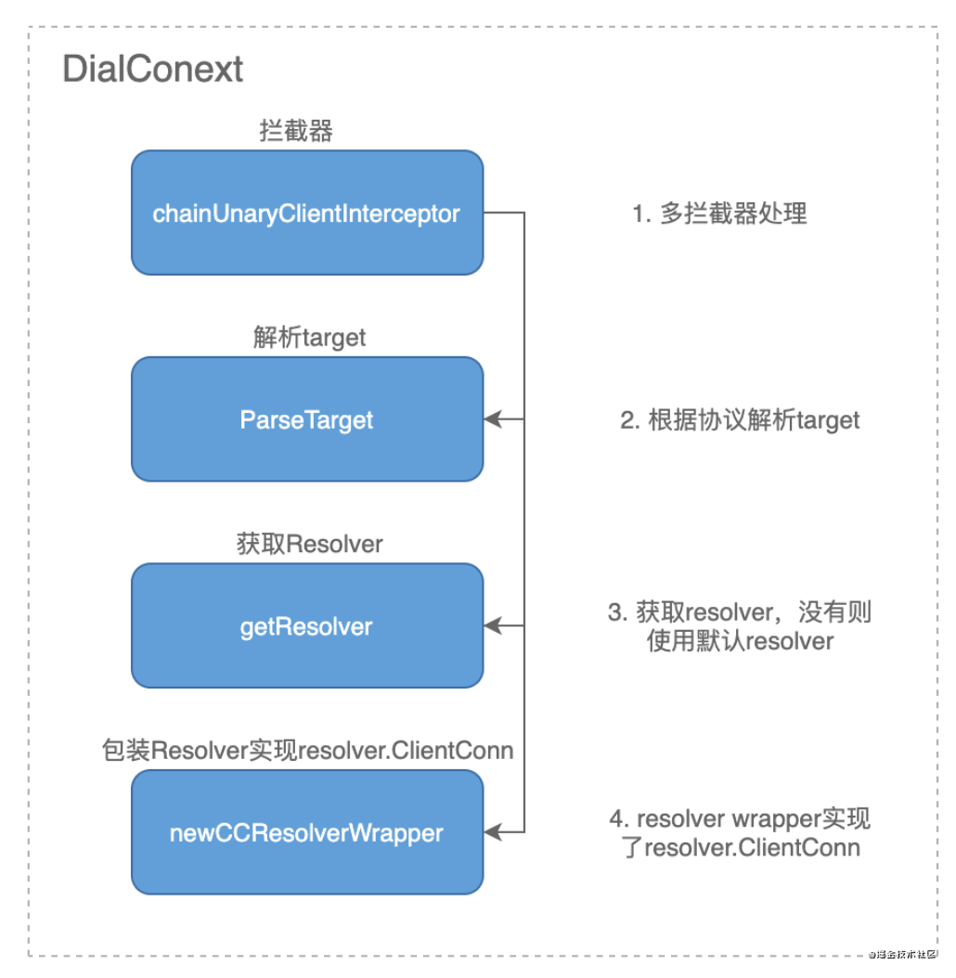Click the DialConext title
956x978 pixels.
pyautogui.click(x=152, y=69)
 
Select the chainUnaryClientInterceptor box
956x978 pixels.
pyautogui.click(x=307, y=212)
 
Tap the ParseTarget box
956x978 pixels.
pyautogui.click(x=307, y=419)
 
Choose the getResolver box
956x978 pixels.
pyautogui.click(x=307, y=625)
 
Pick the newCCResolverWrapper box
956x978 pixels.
pyautogui.click(x=307, y=832)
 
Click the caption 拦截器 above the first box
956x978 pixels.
pyautogui.click(x=296, y=131)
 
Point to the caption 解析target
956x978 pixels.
pyautogui.click(x=309, y=338)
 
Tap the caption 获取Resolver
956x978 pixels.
pyautogui.click(x=309, y=544)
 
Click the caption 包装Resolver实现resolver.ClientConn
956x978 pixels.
pyautogui.click(x=307, y=751)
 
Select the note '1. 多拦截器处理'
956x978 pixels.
pyautogui.click(x=719, y=213)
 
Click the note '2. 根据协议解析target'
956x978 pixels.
pyautogui.click(x=740, y=419)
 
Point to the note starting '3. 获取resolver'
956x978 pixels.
pyautogui.click(x=740, y=626)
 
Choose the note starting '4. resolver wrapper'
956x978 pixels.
pyautogui.click(x=740, y=832)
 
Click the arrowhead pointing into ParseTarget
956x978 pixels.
pyautogui.click(x=492, y=419)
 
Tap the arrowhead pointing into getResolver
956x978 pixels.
pyautogui.click(x=492, y=625)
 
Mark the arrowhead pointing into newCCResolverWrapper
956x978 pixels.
pyautogui.click(x=492, y=832)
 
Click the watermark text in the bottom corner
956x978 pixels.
pyautogui.click(x=902, y=954)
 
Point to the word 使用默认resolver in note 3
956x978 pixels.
pyautogui.click(x=740, y=640)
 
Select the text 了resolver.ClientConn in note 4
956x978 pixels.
pyautogui.click(x=741, y=848)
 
